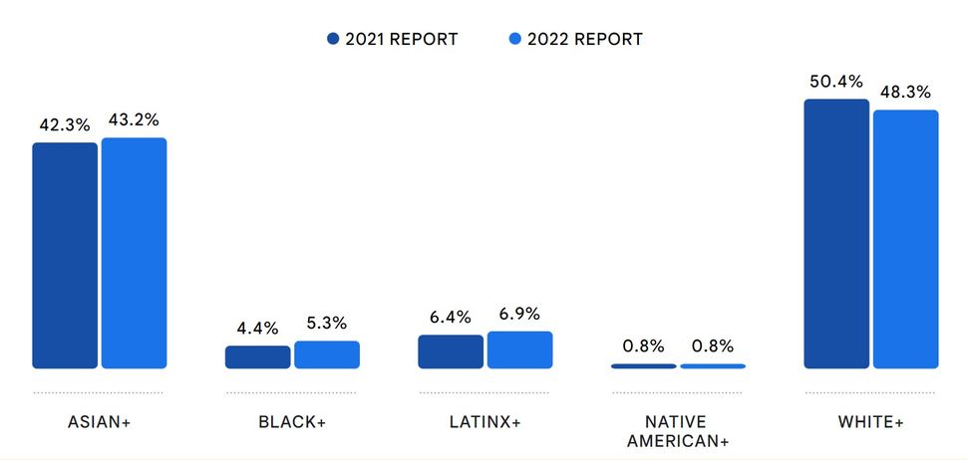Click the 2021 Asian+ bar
(x=65, y=256)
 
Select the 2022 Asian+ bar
(x=134, y=253)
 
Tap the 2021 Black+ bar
(x=257, y=357)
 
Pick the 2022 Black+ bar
(x=327, y=354)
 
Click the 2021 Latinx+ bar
(x=451, y=351)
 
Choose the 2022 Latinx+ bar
(x=519, y=350)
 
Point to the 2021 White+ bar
(x=836, y=234)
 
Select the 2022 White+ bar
(x=905, y=239)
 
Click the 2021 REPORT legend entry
(x=393, y=40)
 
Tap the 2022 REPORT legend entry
(x=575, y=40)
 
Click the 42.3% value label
(x=65, y=125)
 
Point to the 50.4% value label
(x=835, y=82)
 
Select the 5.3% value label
(x=327, y=324)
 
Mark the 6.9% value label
(x=519, y=314)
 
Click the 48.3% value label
(x=905, y=92)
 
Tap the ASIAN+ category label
(x=99, y=422)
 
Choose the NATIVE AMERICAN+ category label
(x=678, y=431)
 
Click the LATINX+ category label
(x=485, y=422)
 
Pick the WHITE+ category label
(x=871, y=422)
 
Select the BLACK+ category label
(x=292, y=422)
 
